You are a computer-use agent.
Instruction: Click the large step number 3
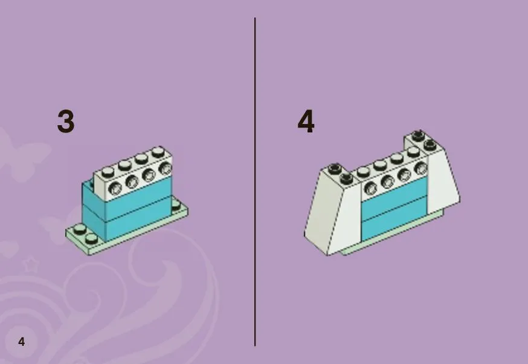[x=66, y=122]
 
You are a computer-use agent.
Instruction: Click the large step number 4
[x=306, y=122]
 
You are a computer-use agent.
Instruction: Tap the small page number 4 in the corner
[x=22, y=342]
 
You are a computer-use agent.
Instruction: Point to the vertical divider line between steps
[x=255, y=182]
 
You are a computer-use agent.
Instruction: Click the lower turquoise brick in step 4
[x=394, y=219]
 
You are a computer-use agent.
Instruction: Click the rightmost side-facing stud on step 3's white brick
[x=165, y=168]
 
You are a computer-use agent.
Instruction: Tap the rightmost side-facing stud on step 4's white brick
[x=420, y=167]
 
